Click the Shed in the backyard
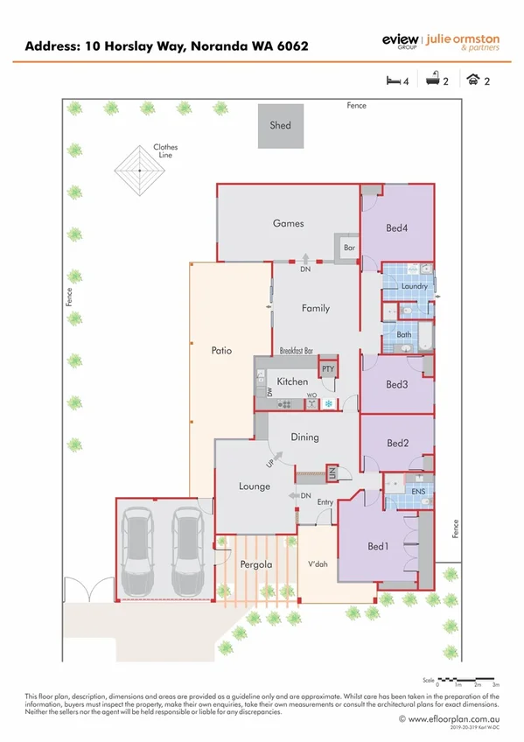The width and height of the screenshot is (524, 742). pyautogui.click(x=280, y=126)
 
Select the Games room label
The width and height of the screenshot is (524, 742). pyautogui.click(x=288, y=223)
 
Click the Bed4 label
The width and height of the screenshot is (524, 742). pyautogui.click(x=396, y=228)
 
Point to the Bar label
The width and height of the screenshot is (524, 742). pyautogui.click(x=349, y=248)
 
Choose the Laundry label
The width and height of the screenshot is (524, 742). pyautogui.click(x=413, y=286)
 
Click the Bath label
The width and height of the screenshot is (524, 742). pyautogui.click(x=404, y=334)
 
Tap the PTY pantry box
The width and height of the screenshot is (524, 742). pyautogui.click(x=328, y=369)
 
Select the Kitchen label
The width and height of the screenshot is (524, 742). pyautogui.click(x=292, y=382)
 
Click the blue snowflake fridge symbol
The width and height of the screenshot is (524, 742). pyautogui.click(x=329, y=403)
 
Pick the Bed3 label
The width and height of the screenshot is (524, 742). pyautogui.click(x=397, y=385)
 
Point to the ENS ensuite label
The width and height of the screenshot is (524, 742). pyautogui.click(x=418, y=493)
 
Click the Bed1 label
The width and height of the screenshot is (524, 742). pyautogui.click(x=377, y=547)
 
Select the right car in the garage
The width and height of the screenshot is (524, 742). pyautogui.click(x=187, y=550)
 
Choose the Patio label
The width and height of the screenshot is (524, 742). pyautogui.click(x=221, y=350)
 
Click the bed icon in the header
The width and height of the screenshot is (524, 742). pyautogui.click(x=392, y=80)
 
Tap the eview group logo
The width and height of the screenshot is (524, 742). pyautogui.click(x=401, y=40)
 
